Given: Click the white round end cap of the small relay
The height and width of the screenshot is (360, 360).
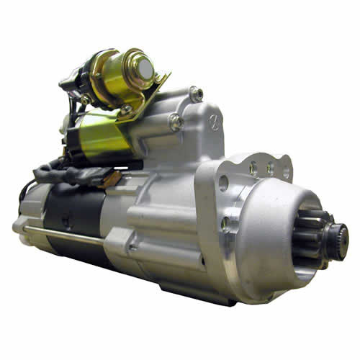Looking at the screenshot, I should [x=147, y=68].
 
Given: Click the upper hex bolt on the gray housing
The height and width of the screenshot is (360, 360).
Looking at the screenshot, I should [x=196, y=93].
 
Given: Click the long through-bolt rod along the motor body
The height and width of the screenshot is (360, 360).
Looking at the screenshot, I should [x=65, y=233].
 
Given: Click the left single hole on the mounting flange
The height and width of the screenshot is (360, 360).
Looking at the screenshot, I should [x=222, y=183].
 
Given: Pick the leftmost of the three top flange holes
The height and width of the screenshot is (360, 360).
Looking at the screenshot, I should [x=253, y=168].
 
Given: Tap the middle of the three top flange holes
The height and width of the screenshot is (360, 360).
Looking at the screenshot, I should [x=270, y=169].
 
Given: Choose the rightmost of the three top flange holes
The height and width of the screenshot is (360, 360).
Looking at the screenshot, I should [x=286, y=172].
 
